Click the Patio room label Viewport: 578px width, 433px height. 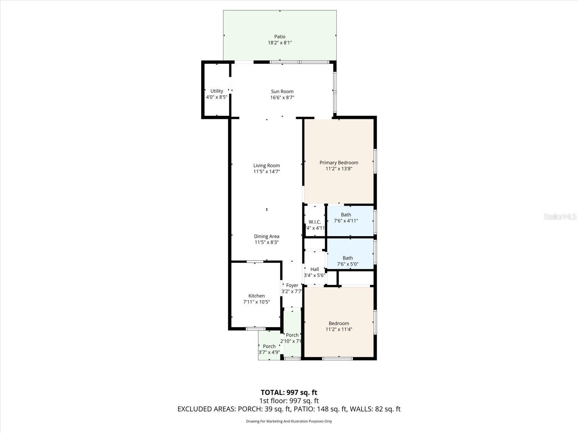(280, 36)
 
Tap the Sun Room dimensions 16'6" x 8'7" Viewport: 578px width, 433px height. (282, 97)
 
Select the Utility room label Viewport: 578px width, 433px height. (217, 91)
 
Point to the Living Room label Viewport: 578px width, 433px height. (267, 166)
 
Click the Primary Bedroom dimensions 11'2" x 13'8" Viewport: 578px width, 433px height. (339, 169)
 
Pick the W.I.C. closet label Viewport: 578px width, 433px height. (315, 222)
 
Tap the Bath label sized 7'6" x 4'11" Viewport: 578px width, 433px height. (346, 215)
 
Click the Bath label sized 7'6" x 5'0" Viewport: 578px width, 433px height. (348, 258)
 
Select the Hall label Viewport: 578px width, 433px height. (315, 269)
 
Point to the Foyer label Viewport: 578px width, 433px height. (292, 285)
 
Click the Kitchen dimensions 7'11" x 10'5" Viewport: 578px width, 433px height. (256, 302)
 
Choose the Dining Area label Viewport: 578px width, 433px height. (267, 236)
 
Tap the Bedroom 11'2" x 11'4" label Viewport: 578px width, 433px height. (339, 323)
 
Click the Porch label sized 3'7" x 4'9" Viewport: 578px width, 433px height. (269, 346)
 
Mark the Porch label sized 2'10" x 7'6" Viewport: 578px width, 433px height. (292, 335)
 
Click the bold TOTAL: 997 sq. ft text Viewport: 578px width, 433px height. (289, 392)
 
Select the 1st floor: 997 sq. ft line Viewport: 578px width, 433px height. (289, 401)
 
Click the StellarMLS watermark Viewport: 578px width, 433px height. (560, 217)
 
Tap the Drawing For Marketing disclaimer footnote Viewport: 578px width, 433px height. (289, 421)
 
